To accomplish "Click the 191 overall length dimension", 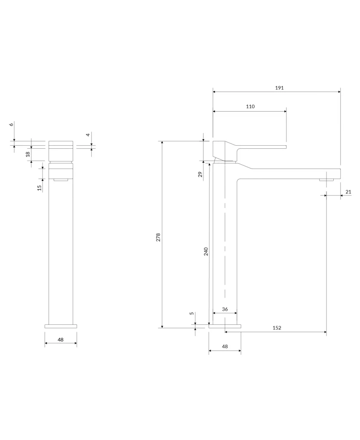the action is (279, 88).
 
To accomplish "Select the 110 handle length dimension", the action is (250, 107).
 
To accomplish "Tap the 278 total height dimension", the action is (158, 237).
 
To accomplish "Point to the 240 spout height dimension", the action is (206, 251).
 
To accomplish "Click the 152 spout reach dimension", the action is (277, 328).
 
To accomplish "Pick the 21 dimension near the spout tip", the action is (348, 192).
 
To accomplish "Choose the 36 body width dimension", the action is (225, 309).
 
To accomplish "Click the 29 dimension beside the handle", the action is (200, 174).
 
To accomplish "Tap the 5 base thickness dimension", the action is (192, 313).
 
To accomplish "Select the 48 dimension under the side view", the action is (225, 347).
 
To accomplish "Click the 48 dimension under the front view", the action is (61, 339).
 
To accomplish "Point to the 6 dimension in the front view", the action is (12, 124).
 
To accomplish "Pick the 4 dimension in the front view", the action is (88, 135).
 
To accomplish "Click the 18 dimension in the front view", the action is (28, 154).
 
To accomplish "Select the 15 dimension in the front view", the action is (40, 188).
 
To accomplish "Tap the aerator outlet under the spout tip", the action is (326, 179).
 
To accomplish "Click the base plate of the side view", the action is (225, 326).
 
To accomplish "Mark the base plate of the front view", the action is (61, 326).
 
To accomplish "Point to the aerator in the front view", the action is (61, 180).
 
